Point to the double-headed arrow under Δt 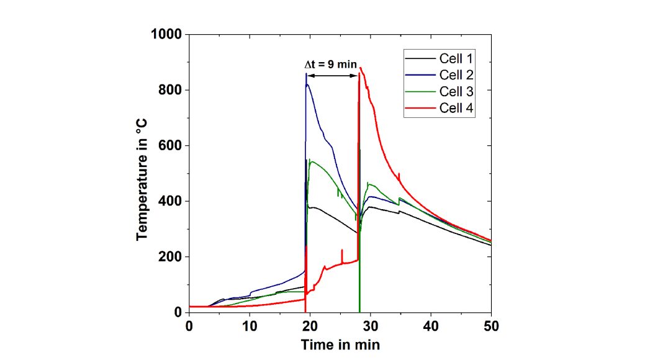(333, 76)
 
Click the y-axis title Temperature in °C (142, 173)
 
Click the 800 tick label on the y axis (170, 90)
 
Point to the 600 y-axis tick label (170, 145)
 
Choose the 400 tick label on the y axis (170, 201)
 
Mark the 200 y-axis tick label (170, 256)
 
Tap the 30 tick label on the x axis (371, 326)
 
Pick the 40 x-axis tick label (431, 326)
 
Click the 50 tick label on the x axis (491, 326)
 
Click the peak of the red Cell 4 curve (361, 68)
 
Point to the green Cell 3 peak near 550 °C (311, 161)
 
